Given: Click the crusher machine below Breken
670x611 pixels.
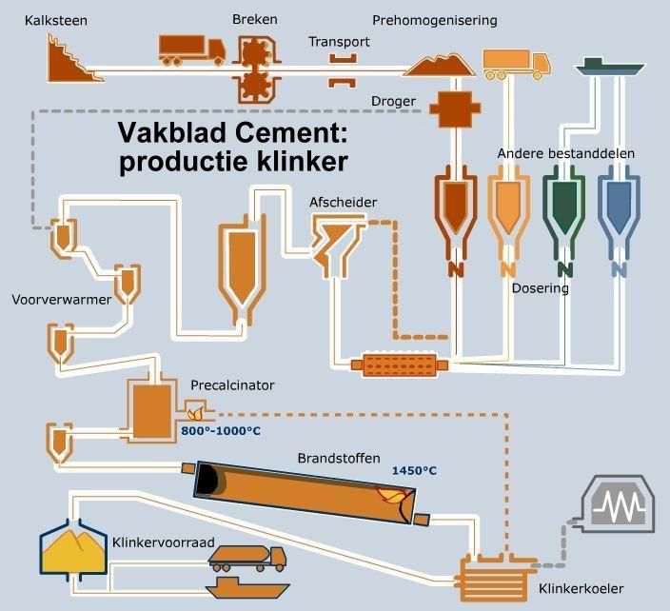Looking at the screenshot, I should [x=255, y=67].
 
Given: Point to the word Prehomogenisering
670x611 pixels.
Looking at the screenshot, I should [x=434, y=20].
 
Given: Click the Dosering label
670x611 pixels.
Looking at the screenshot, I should [x=540, y=287].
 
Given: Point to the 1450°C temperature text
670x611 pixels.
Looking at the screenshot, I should [x=414, y=470].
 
